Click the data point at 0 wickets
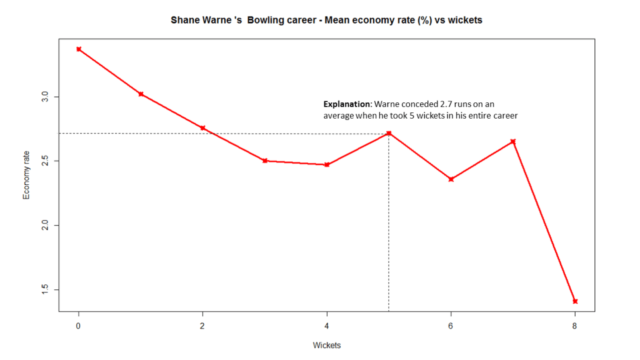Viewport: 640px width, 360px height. point(79,49)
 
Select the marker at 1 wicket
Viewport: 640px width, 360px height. point(141,94)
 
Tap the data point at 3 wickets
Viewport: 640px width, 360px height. point(265,161)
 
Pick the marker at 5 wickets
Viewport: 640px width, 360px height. point(389,133)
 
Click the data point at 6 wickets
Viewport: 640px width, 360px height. point(451,179)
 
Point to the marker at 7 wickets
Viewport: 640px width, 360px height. point(513,141)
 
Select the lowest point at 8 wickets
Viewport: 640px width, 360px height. point(575,301)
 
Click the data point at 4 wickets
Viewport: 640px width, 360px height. point(327,164)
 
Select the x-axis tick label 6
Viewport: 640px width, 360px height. point(451,326)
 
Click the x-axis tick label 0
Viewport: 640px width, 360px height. point(79,326)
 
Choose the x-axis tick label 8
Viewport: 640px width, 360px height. point(575,326)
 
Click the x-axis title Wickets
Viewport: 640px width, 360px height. point(327,345)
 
